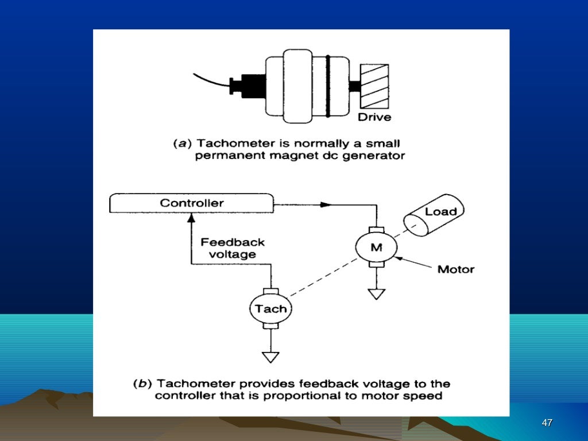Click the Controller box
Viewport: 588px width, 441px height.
coord(191,203)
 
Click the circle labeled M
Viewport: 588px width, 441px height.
coord(375,247)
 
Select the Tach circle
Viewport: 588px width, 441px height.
coord(270,309)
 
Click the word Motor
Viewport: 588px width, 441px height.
coord(456,269)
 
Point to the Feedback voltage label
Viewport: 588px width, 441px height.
coord(233,248)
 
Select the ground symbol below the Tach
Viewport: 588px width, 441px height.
coord(270,357)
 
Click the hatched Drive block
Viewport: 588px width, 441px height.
coord(374,86)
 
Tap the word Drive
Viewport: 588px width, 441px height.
coord(374,118)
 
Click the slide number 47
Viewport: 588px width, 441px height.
coord(547,423)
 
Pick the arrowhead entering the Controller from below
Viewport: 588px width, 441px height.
coord(191,216)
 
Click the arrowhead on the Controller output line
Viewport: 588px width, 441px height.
coord(326,204)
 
